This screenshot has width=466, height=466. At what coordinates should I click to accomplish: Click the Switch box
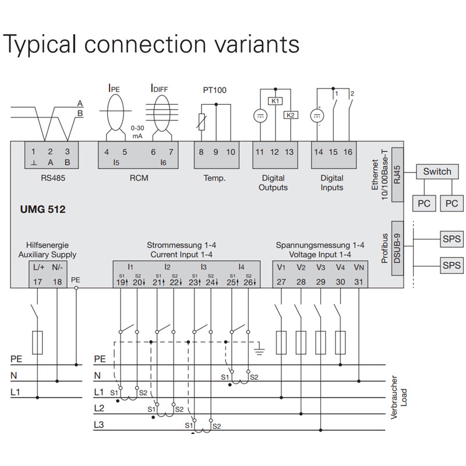coord(437,172)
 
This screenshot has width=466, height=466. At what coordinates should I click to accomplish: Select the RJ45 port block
coord(398,173)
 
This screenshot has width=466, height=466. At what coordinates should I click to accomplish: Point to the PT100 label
coord(215,90)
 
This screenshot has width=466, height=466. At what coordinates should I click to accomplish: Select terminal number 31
coord(359,282)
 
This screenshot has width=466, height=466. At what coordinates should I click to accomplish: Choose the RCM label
coord(139,178)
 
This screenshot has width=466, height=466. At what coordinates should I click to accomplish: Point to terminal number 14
coord(318,152)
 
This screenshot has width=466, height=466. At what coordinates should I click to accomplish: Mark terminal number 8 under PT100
coord(201,152)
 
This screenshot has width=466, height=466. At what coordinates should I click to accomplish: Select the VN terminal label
coord(359,268)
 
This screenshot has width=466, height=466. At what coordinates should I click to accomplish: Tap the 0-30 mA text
coord(137,132)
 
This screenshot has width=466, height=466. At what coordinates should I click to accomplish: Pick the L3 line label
coord(100,425)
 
